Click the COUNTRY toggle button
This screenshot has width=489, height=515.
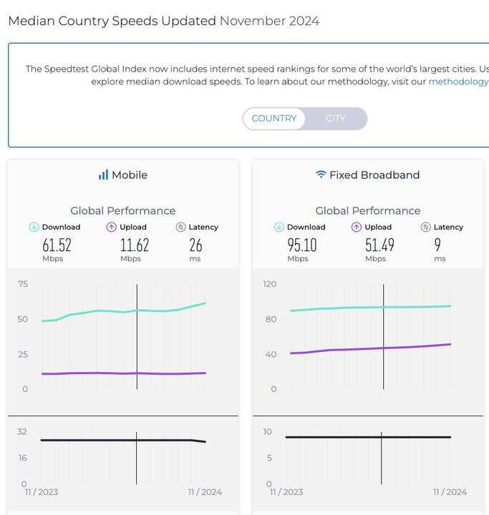pos(273,119)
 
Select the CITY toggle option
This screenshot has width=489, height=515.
pos(335,119)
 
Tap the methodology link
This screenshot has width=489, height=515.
pos(458,82)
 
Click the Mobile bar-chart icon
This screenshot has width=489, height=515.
pos(103,175)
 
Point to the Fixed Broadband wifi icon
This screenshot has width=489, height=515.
pos(321,175)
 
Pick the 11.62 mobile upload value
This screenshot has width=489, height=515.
pos(134,245)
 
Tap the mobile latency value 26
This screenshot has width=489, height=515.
pos(195,245)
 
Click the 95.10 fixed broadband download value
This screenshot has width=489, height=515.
pos(301,245)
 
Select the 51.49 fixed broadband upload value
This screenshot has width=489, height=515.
pos(379,245)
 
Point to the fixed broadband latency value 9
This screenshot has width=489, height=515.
pos(437,245)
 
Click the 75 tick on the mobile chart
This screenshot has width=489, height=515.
pos(22,284)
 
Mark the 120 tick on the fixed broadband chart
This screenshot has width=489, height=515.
pos(269,284)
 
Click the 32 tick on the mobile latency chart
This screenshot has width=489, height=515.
pos(22,431)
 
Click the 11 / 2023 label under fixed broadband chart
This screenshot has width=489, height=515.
pos(286,491)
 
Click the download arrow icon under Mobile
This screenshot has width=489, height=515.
pos(34,227)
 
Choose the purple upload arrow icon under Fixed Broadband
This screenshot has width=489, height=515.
pos(356,227)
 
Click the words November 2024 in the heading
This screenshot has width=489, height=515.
pos(269,21)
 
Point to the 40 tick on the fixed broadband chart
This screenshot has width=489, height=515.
pos(270,354)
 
